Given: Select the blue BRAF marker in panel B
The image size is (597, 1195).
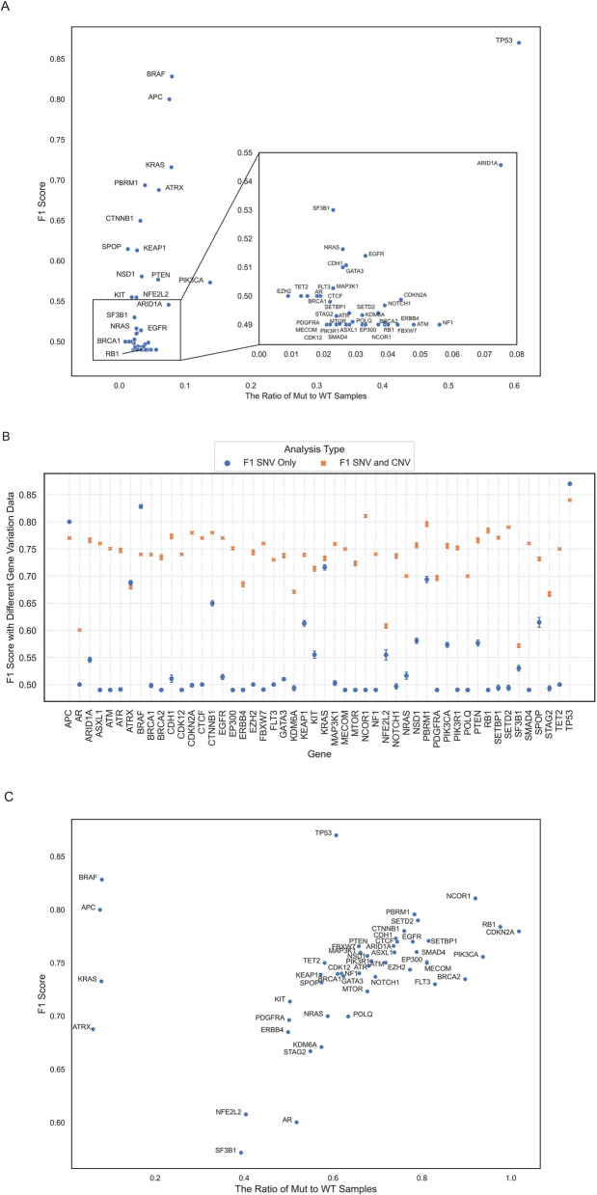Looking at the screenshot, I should click(x=141, y=506).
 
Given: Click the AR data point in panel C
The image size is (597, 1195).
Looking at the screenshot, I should click(x=296, y=1122).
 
